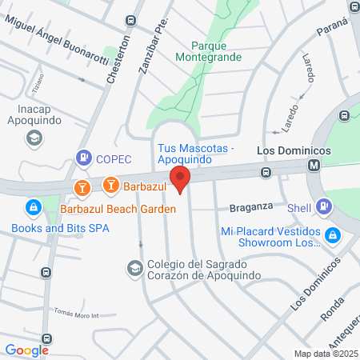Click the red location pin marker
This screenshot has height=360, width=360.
pos(180,180)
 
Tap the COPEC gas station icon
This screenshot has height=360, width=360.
pos(82,158)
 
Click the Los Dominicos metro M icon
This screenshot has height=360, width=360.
pos(314,166)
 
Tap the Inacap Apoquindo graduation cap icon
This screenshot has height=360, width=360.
pos(34,138)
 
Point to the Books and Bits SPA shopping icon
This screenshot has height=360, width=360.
pos(33,210)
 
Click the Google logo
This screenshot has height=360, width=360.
pos(26,350)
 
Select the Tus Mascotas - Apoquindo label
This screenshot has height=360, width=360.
pos(195,154)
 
